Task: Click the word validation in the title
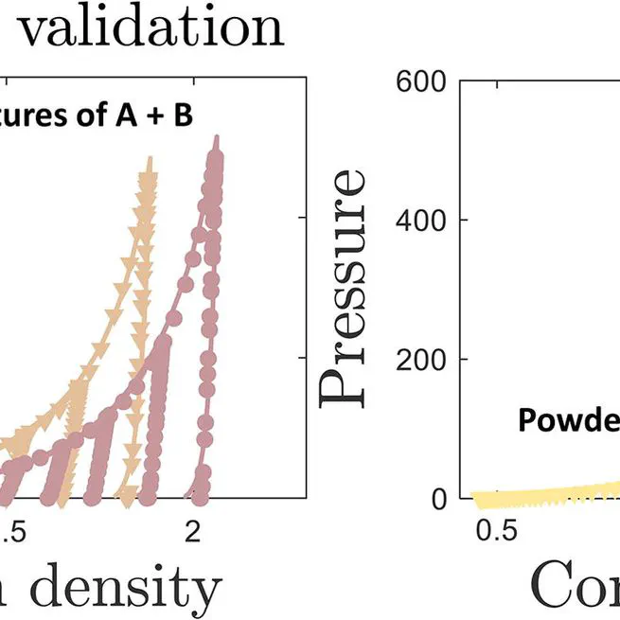coord(151,28)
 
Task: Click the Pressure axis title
coord(343,289)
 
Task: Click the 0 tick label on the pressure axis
coord(437,499)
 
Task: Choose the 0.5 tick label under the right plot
coord(495,531)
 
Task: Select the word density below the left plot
coord(133,587)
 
